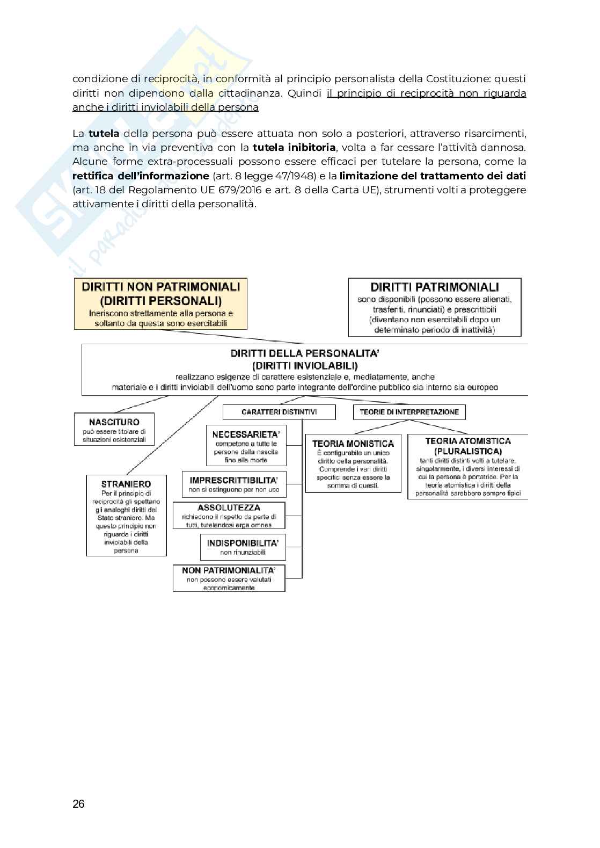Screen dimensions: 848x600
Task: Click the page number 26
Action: pos(78,804)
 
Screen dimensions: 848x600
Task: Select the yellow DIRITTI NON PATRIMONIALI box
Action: pos(160,303)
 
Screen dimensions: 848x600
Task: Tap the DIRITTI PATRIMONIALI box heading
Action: pos(435,287)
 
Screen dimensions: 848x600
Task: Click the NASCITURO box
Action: pos(114,429)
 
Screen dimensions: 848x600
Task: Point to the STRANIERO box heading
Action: pos(126,484)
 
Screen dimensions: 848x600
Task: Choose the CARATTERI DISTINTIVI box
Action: pos(279,412)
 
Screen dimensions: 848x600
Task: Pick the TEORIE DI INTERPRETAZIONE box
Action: pos(409,412)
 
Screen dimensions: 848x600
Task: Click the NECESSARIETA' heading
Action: pos(246,434)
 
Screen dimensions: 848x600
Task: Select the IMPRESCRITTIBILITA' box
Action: pos(234,484)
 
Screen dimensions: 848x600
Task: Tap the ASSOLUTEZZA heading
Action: pos(229,508)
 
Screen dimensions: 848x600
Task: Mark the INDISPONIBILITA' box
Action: pos(243,547)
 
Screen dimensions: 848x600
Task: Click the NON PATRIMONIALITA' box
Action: pos(229,578)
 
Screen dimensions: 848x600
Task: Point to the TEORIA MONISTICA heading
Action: pos(353,444)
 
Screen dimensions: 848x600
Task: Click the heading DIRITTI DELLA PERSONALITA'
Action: pos(305,353)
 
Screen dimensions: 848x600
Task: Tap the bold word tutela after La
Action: pos(104,133)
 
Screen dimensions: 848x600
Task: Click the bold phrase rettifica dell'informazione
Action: pos(141,176)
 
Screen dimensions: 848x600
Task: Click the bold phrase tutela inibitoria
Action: pos(294,147)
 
